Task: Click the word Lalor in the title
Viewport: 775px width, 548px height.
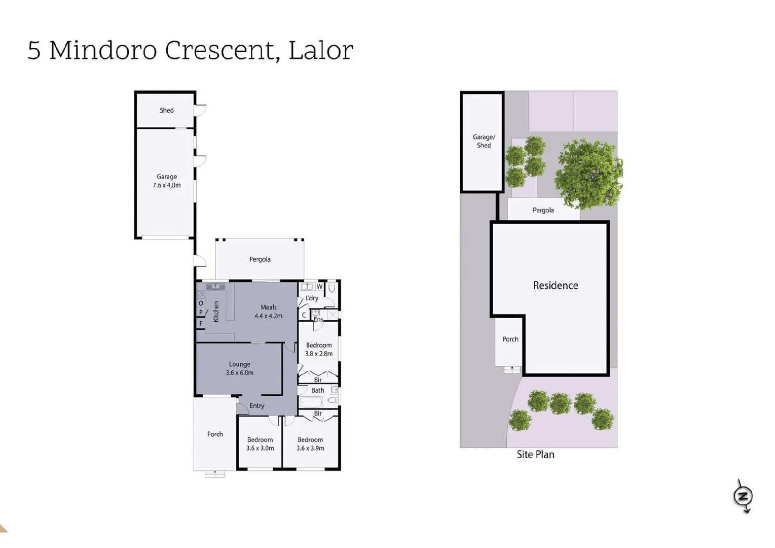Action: (320, 50)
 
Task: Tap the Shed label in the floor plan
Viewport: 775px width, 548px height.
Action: (166, 110)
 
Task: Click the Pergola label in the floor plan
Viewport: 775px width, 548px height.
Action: (260, 259)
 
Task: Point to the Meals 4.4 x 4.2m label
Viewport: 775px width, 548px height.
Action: (268, 312)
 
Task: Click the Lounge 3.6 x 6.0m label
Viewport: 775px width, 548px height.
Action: (239, 368)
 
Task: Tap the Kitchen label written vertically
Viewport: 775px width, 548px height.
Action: (216, 312)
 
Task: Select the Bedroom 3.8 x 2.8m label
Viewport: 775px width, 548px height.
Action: (318, 349)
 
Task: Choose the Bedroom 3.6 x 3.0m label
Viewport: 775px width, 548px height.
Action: (260, 444)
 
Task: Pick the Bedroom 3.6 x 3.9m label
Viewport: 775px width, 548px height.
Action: (310, 444)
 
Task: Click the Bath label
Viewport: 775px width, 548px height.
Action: (317, 390)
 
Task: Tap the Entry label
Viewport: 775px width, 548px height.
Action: (256, 405)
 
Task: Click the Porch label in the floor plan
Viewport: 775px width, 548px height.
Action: (215, 434)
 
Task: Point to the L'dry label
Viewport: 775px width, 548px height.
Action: (312, 298)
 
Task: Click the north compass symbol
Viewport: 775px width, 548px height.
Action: (743, 496)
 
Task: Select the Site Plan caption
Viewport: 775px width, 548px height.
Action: (535, 455)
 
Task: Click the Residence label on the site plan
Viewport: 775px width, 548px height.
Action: (555, 285)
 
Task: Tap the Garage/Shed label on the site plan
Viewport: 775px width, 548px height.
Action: (484, 141)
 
